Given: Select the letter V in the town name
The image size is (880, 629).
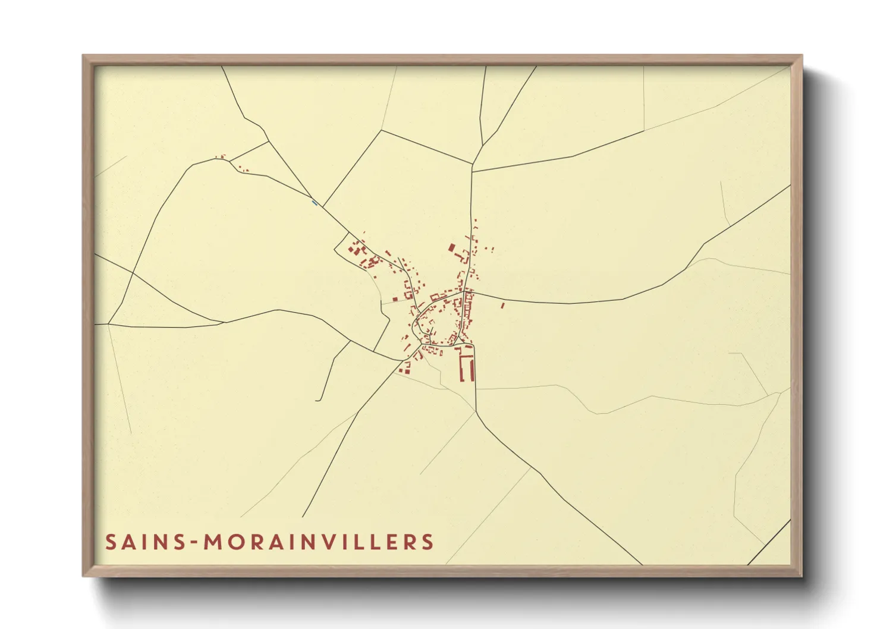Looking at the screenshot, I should [x=329, y=542].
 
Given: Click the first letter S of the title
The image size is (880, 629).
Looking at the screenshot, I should [x=111, y=542].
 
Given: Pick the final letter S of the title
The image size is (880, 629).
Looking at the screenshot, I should [x=428, y=542].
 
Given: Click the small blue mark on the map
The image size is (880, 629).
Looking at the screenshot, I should [x=314, y=203].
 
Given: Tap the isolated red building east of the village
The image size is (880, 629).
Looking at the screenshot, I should [x=502, y=306].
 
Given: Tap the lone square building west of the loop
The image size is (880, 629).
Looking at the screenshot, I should [x=395, y=299].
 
